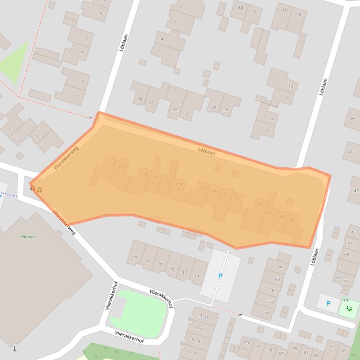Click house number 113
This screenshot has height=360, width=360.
point(110,164)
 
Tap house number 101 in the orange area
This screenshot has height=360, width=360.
point(203,188)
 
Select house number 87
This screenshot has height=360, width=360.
point(293,220)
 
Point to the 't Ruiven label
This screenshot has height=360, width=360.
point(27,237)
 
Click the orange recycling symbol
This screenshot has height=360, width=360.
point(39,190)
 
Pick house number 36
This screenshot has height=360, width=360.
point(140,99)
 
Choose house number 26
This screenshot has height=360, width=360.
point(226,109)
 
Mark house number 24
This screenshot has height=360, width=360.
point(268,130)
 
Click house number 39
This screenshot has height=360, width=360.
point(351,119)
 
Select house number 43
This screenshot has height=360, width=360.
point(356,191)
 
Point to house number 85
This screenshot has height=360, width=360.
point(281,267)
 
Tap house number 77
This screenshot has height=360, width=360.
point(267,313)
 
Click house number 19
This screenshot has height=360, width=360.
point(135,257)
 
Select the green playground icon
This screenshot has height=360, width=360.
point(349,308)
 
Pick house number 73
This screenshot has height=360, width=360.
point(246,343)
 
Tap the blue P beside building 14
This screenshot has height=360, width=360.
point(220,276)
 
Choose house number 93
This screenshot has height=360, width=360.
point(261,204)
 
